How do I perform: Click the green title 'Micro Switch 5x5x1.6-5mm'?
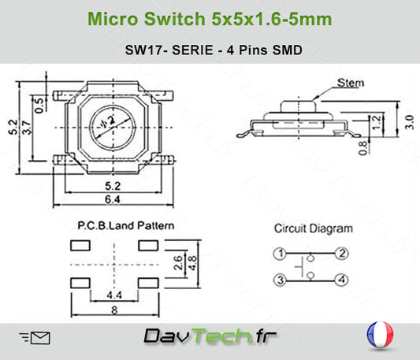pos(210,19)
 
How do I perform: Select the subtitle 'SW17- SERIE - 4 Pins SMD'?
pos(214,50)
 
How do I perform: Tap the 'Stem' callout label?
pos(351,83)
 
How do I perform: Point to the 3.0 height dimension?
pos(410,122)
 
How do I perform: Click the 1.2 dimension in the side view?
pos(377,122)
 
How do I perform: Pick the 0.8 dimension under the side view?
pos(362,148)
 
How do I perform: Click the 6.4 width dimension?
pos(113,199)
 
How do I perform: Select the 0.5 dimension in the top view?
pos(39,106)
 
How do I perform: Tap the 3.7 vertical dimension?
pos(27,128)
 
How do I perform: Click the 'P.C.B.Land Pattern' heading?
pos(126,225)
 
